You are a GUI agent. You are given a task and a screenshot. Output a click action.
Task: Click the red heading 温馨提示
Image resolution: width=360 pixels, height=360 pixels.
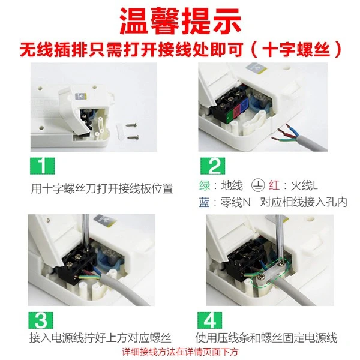click(x=180, y=21)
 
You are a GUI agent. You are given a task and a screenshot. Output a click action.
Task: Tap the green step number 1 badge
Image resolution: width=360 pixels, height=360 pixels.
click(x=42, y=166)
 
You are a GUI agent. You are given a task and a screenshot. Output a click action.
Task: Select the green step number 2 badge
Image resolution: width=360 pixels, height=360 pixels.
click(x=212, y=166)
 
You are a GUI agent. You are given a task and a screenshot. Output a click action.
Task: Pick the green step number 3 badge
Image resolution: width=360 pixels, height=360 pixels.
click(x=41, y=320)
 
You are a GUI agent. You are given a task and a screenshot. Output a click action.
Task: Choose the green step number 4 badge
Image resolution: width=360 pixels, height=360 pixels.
click(x=209, y=320)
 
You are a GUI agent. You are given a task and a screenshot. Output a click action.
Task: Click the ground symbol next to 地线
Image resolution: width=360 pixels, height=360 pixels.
click(x=257, y=185)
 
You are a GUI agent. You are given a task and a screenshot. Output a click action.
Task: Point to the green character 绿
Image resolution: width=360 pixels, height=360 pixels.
click(x=205, y=185)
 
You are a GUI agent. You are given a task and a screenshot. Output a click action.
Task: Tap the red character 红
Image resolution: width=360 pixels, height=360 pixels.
click(x=274, y=185)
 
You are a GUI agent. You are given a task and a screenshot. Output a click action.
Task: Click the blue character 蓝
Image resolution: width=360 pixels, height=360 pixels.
click(x=205, y=202)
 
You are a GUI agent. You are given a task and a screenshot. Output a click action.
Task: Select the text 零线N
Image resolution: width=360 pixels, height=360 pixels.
click(x=235, y=202)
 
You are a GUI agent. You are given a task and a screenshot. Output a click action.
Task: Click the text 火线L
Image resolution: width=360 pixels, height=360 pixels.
click(x=304, y=185)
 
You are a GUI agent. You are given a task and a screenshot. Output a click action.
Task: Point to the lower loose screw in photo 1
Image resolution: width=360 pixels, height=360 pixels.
click(x=133, y=137)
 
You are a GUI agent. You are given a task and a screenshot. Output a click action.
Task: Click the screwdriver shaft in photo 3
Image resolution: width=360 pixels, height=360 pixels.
click(x=85, y=232)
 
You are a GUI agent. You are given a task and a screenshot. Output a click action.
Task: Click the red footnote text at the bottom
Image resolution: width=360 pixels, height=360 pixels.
click(x=180, y=352)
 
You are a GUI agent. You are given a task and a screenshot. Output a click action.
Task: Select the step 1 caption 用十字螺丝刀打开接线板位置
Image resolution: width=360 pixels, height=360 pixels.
click(x=102, y=189)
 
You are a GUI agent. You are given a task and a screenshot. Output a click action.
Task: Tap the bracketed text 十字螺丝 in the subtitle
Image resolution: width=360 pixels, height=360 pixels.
click(x=296, y=49)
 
